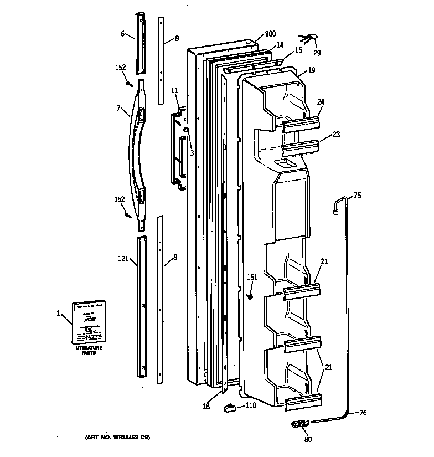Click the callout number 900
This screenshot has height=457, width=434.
coord(270,34)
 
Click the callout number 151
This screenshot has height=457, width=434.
coord(252,278)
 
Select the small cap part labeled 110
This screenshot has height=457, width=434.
coord(229,408)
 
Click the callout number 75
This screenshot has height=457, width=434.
coord(357,195)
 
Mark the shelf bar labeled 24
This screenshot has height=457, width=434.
coord(302,125)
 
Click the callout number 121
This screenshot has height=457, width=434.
coord(122,258)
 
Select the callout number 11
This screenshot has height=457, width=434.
coord(174,90)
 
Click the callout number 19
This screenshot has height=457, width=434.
coord(311,70)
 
